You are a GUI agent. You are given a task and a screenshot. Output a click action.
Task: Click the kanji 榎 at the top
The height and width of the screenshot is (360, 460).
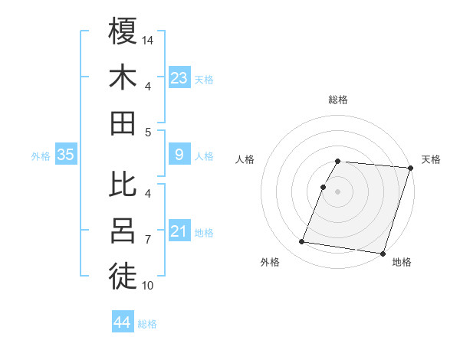point(123,33)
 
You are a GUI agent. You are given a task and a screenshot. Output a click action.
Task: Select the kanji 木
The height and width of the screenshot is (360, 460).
point(123,78)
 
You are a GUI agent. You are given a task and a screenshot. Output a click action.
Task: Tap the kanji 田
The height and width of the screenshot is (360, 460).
point(123,123)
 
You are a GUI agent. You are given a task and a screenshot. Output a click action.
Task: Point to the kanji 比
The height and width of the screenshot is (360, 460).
point(123,185)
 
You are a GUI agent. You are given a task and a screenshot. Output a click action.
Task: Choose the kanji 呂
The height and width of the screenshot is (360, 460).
point(123,231)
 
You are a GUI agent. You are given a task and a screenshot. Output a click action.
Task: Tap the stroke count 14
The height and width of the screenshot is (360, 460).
point(149,39)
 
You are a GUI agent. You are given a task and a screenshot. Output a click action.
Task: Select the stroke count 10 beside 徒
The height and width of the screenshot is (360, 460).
point(149,286)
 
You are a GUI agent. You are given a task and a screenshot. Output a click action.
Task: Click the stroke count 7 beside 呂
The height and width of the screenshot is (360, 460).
point(149,240)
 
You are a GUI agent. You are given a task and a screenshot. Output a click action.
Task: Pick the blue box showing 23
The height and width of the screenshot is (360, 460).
point(179,77)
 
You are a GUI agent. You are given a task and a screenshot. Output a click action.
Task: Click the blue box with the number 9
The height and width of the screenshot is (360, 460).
point(179,155)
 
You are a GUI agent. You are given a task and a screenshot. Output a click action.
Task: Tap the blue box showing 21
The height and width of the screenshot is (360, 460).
point(179,231)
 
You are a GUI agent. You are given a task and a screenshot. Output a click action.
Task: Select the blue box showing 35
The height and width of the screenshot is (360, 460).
point(66,155)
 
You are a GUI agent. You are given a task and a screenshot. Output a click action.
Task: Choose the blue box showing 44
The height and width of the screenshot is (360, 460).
point(123,323)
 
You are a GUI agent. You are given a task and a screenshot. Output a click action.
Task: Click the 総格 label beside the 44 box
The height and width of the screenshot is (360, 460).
point(148,324)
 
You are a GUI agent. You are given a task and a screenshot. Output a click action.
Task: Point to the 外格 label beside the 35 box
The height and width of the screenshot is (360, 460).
point(41,155)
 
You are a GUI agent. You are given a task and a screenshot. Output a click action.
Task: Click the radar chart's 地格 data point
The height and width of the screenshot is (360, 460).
point(383,253)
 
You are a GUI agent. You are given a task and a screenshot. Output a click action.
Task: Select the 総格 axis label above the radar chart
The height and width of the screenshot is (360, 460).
point(338,100)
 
